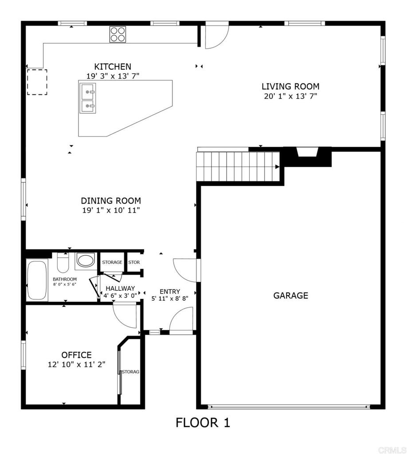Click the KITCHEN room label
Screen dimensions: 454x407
[112, 67]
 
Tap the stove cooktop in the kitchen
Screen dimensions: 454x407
[118, 35]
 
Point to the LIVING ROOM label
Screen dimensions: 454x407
[290, 86]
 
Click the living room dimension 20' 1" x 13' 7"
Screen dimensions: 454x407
[290, 96]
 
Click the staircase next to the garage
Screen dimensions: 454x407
[238, 166]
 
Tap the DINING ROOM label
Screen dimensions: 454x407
[111, 200]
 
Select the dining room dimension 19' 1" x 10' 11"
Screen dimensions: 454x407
[111, 210]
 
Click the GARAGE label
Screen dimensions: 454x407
[290, 296]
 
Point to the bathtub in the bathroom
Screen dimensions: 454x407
[36, 280]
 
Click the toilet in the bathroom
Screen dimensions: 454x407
[63, 262]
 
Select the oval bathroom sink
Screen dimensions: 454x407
[85, 260]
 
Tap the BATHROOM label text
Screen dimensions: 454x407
[65, 279]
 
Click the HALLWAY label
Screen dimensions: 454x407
[120, 288]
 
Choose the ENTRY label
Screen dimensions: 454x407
[170, 291]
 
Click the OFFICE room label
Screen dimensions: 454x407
[76, 355]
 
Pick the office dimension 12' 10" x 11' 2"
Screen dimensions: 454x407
[76, 364]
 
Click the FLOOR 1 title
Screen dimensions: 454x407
[203, 423]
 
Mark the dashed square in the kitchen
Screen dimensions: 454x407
[37, 82]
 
